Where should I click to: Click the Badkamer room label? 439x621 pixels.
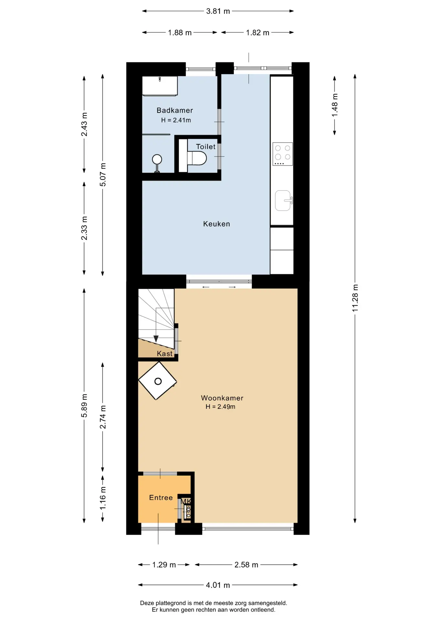point(175,110)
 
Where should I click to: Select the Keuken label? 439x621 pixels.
point(217,224)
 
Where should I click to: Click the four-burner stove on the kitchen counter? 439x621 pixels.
point(283,154)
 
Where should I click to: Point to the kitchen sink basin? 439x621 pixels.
point(283,201)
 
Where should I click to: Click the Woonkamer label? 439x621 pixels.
point(222,398)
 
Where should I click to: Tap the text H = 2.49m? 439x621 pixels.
point(220,407)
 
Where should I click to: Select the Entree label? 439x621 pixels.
point(161,498)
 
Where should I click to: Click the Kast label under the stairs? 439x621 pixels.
point(165,354)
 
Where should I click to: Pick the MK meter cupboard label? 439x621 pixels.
point(186,501)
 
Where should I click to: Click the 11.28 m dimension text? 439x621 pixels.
point(355,298)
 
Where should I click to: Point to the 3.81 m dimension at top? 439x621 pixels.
point(218,11)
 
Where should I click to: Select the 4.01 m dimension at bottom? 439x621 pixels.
point(218,585)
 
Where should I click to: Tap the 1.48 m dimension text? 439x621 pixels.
point(335,105)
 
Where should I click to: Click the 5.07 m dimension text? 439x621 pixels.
point(103,175)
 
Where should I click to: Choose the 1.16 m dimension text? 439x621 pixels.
point(103,498)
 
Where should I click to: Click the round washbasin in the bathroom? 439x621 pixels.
point(157,159)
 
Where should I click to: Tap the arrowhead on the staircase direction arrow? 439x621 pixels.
point(156,339)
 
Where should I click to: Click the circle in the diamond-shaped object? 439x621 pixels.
point(158,381)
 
